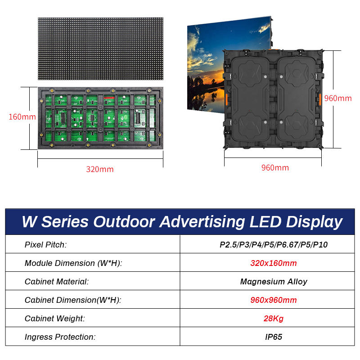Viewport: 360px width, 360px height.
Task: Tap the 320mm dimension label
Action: tap(100, 169)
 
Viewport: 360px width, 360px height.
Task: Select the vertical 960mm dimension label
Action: tap(338, 98)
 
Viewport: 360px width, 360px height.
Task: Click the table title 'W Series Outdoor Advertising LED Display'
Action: tap(182, 222)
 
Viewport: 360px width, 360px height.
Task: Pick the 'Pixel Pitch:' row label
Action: tap(45, 245)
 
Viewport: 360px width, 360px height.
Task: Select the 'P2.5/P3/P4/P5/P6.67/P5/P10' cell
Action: tap(273, 245)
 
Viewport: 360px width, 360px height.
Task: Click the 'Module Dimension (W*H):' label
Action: tap(73, 263)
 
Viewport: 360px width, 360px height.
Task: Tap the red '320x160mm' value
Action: tap(273, 263)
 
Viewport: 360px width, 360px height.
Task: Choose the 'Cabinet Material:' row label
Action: tap(56, 282)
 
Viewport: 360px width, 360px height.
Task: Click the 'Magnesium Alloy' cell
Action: tap(273, 282)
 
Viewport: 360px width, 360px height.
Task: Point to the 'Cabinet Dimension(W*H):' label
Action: tap(72, 300)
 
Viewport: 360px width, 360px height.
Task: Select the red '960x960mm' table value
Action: tap(273, 300)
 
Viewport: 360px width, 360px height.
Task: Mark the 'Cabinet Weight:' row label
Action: tap(54, 319)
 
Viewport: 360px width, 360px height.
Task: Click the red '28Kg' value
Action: tap(273, 319)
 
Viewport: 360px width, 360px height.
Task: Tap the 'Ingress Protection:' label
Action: tap(60, 337)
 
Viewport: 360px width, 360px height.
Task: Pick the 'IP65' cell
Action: tap(273, 337)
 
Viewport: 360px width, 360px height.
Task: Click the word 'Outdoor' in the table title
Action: tap(122, 222)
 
